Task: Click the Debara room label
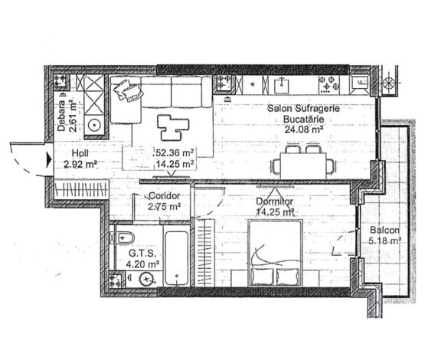pyautogui.click(x=61, y=116)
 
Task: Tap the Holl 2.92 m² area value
pyautogui.click(x=80, y=164)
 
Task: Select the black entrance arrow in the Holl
pyautogui.click(x=49, y=159)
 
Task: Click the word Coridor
pyautogui.click(x=165, y=196)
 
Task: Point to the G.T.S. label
pyautogui.click(x=142, y=254)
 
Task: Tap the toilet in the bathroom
pyautogui.click(x=125, y=238)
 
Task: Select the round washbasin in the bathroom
pyautogui.click(x=146, y=279)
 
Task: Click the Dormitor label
pyautogui.click(x=275, y=201)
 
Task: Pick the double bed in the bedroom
pyautogui.click(x=275, y=253)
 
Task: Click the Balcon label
pyautogui.click(x=384, y=231)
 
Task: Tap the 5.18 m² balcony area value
pyautogui.click(x=385, y=241)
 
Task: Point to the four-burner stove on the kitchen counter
pyautogui.click(x=329, y=84)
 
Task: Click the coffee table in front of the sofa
pyautogui.click(x=173, y=127)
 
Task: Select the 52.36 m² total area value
pyautogui.click(x=174, y=153)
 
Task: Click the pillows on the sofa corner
pyautogui.click(x=128, y=90)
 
